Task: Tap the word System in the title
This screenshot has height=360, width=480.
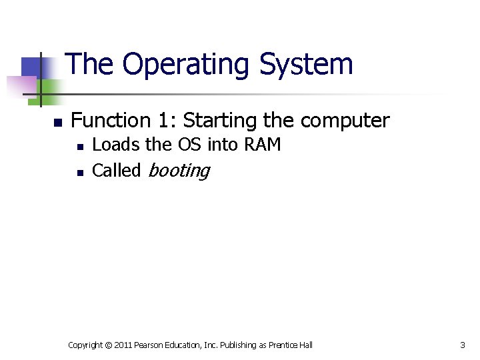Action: point(306,65)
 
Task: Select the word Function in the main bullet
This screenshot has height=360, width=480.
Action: point(111,121)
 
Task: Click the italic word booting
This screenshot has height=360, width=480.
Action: point(178,171)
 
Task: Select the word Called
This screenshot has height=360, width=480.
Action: point(116,171)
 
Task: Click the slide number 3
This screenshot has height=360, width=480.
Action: point(463,345)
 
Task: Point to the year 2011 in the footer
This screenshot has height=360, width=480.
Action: point(123,345)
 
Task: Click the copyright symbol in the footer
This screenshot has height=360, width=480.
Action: point(107,345)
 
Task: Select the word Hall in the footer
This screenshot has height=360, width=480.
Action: point(305,345)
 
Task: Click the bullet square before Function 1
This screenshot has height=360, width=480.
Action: point(58,123)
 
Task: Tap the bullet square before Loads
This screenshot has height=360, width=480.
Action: point(80,146)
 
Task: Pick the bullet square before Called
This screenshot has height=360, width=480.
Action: point(80,172)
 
